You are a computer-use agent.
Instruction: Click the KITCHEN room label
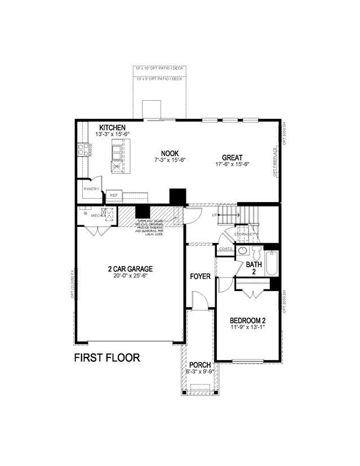(x=112, y=128)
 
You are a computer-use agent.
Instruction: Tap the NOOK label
(x=170, y=153)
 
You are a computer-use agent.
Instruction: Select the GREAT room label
(x=232, y=158)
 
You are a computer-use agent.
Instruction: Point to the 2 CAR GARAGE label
(x=130, y=269)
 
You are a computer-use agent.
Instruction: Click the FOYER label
(x=200, y=276)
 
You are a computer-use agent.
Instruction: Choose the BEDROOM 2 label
(x=247, y=321)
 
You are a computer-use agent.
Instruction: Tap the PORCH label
(x=199, y=365)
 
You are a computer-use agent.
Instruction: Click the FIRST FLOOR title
(x=107, y=358)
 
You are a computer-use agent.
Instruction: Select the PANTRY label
(x=91, y=189)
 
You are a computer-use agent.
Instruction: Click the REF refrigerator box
(x=114, y=195)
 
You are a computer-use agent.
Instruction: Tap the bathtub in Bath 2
(x=271, y=263)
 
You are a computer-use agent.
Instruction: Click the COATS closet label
(x=226, y=248)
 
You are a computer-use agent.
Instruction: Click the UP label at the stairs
(x=215, y=215)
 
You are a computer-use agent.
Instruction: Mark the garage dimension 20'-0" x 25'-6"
(x=130, y=276)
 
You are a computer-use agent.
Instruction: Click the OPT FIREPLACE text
(x=275, y=162)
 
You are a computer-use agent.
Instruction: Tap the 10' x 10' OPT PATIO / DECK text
(x=159, y=69)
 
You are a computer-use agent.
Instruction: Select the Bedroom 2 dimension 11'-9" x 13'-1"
(x=247, y=329)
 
